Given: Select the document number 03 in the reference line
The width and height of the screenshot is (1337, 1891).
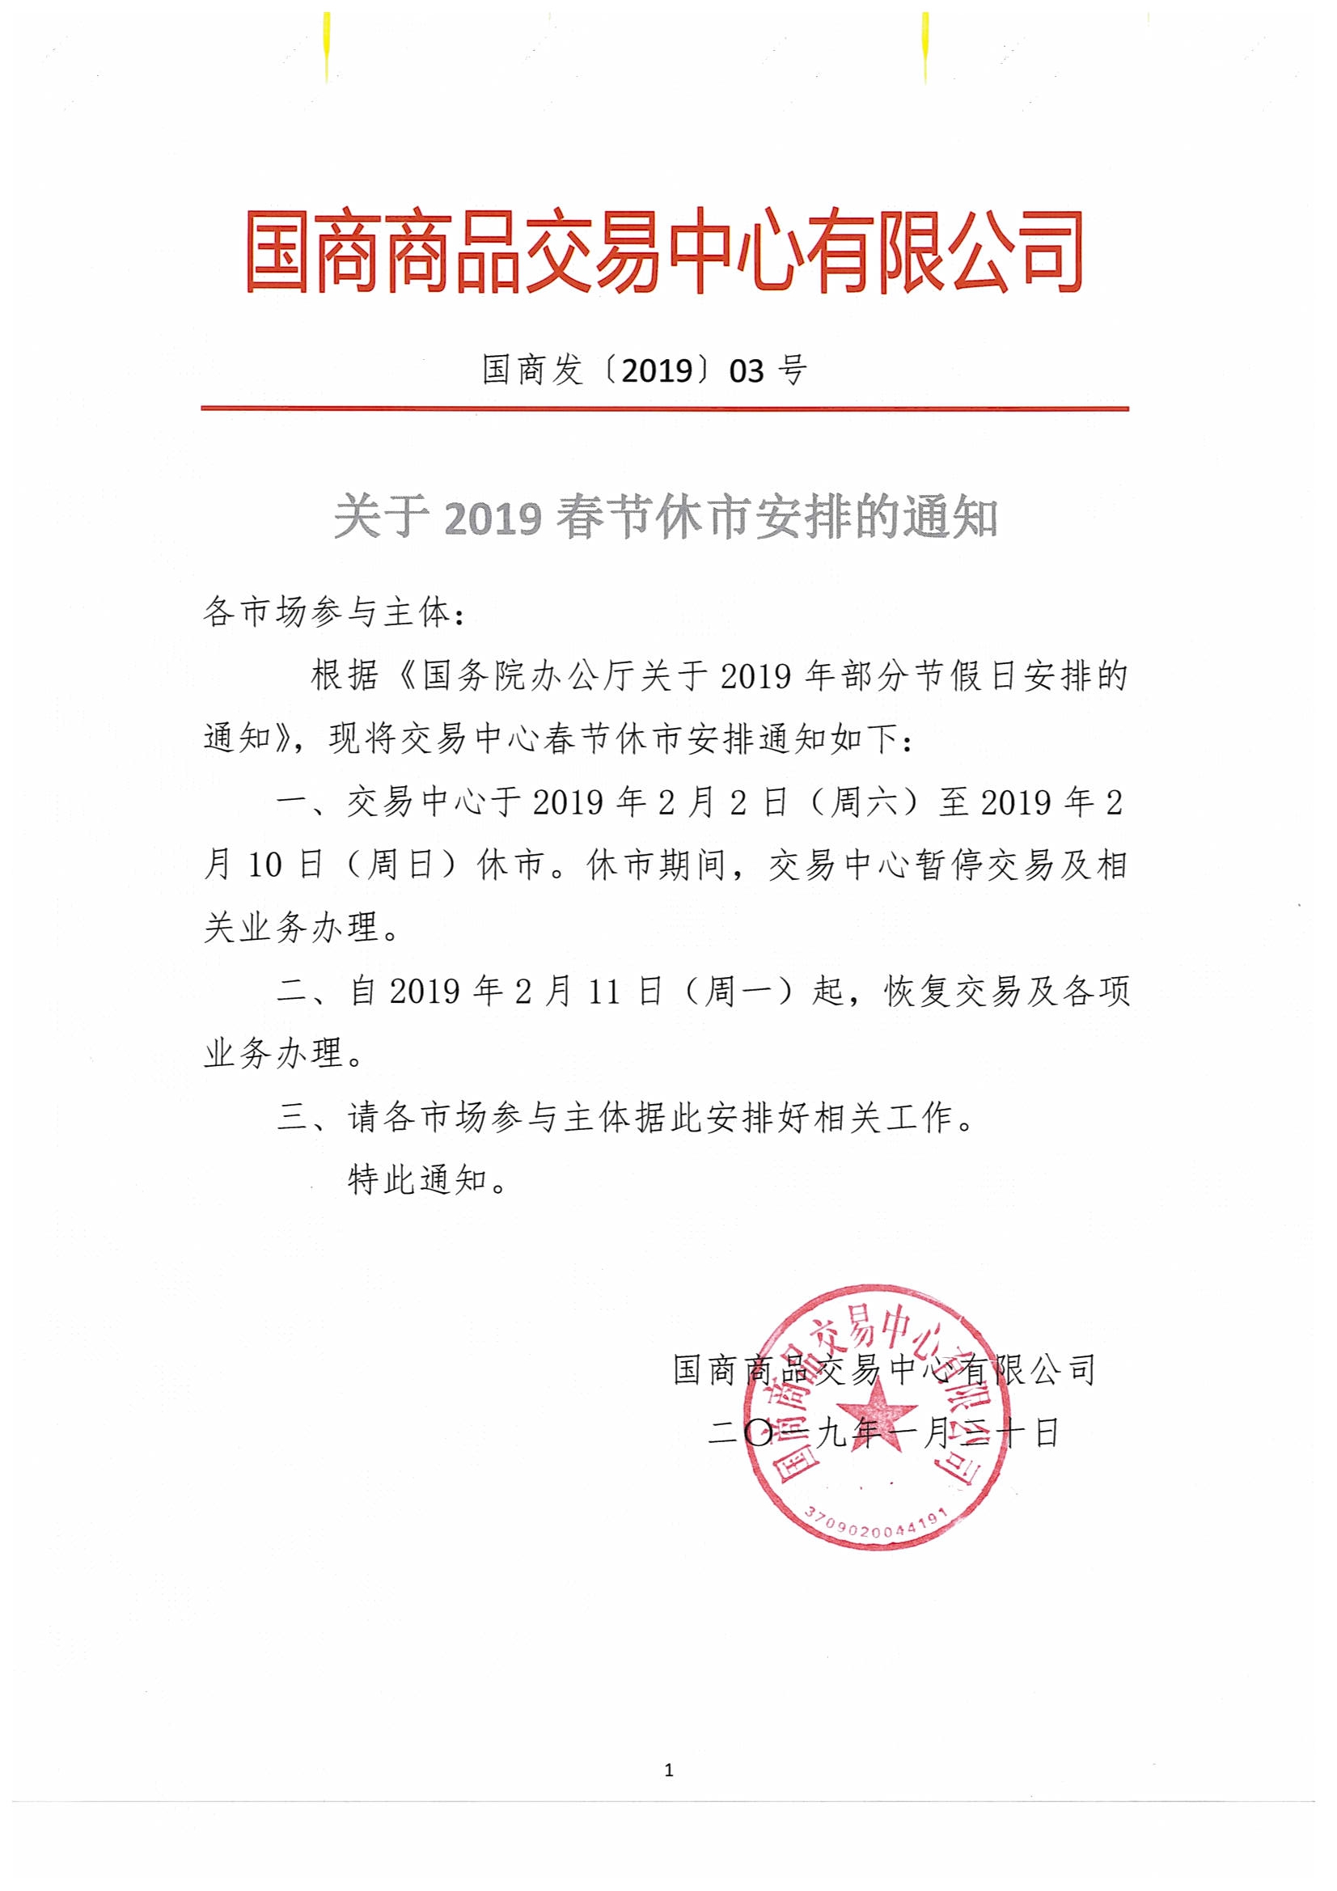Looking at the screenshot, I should click(747, 371).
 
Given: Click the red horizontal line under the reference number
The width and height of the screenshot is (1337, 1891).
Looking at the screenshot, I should click(664, 408).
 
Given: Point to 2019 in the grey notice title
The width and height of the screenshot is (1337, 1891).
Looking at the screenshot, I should click(493, 519).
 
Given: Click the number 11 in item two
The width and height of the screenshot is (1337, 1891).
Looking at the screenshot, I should click(603, 992).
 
